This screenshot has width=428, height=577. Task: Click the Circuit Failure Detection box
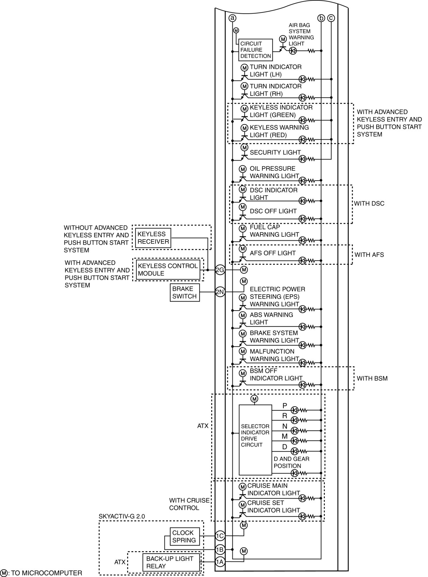pos(255,50)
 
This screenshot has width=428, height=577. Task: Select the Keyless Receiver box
pos(153,238)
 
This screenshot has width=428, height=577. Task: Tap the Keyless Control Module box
pos(168,270)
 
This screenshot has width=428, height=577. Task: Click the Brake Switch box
pos(185,293)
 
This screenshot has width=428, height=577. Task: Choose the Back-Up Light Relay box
pos(171,562)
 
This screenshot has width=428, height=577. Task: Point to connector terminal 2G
pos(220,270)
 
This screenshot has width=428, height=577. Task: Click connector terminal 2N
pos(220,292)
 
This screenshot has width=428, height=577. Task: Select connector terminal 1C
pos(220,536)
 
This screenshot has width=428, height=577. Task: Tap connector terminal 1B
pos(220,550)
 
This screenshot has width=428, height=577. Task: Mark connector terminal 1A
pos(220,562)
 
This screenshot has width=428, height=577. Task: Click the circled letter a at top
pos(232,18)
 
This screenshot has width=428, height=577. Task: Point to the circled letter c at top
pos(331,18)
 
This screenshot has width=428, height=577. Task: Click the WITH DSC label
pos(369,204)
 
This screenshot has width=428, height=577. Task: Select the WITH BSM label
pos(372,378)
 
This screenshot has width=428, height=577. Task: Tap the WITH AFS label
pos(369,255)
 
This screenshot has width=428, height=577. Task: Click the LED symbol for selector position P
pos(294,410)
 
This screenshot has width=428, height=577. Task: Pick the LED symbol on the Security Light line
pos(303,159)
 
